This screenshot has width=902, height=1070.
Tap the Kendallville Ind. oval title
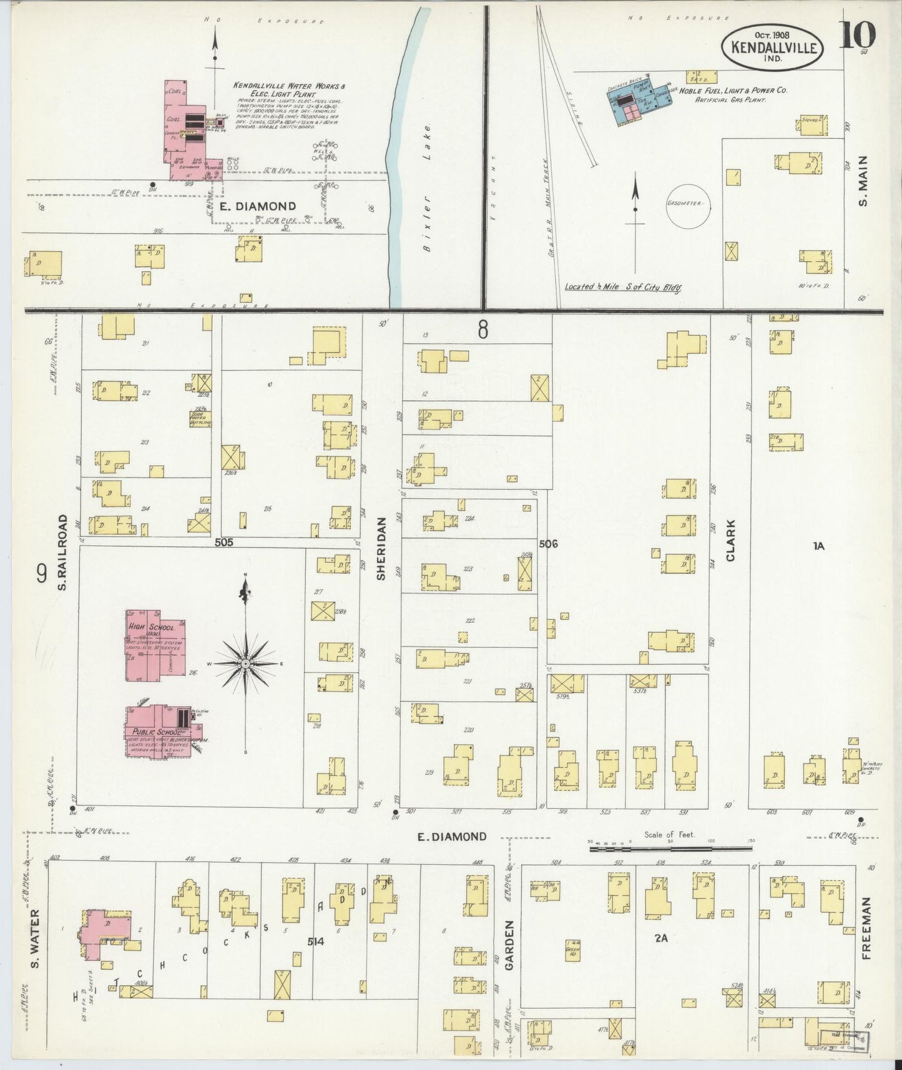click(x=773, y=47)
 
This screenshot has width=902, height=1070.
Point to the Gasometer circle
click(x=688, y=205)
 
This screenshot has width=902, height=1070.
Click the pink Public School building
click(x=161, y=730)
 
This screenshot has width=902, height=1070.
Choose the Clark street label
click(x=730, y=541)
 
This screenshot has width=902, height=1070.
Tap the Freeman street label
click(x=868, y=927)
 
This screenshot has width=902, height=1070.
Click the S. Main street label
click(x=863, y=182)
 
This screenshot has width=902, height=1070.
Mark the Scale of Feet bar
click(x=671, y=848)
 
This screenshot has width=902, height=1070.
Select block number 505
click(x=223, y=542)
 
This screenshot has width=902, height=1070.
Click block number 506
click(x=547, y=544)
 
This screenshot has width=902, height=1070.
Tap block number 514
click(x=316, y=942)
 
